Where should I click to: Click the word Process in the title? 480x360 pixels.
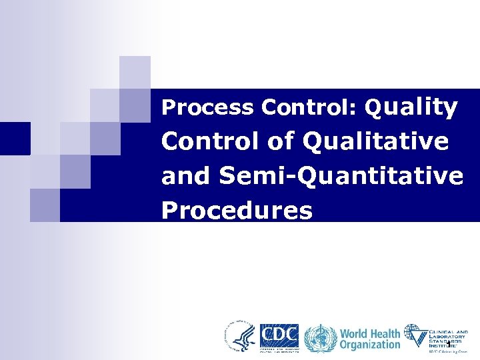tap(208, 107)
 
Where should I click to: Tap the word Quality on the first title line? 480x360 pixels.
tap(411, 107)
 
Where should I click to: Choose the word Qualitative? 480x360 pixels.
tap(375, 141)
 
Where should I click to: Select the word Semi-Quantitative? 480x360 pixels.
tap(340, 176)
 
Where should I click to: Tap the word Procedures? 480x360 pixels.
tap(237, 210)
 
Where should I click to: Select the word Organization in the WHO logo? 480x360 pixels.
tap(370, 345)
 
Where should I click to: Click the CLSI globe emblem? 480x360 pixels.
tap(417, 335)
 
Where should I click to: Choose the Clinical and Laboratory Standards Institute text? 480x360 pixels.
tap(448, 337)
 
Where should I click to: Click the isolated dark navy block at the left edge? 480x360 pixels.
tap(15, 139)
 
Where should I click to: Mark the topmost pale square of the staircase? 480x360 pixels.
tap(135, 72)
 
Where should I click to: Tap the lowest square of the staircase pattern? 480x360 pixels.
tap(45, 205)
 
